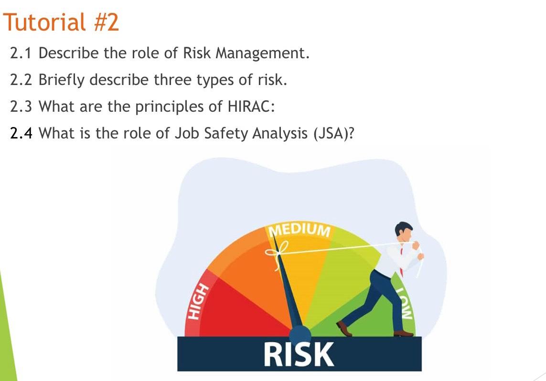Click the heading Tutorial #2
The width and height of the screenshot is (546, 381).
[61, 22]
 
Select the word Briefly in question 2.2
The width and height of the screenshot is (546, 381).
[54, 80]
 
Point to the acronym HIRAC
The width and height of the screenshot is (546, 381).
[248, 106]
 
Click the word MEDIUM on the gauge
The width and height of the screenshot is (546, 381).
[300, 230]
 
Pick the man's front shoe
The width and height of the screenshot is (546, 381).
[344, 328]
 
